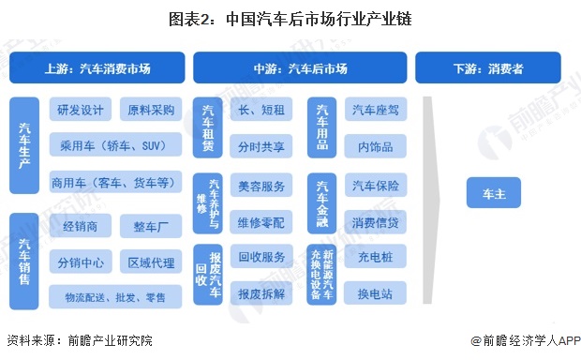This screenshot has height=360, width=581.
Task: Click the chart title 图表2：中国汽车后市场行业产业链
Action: (x=290, y=19)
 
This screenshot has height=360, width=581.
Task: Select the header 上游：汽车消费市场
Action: (x=97, y=68)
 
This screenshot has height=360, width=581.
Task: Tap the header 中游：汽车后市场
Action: (x=300, y=68)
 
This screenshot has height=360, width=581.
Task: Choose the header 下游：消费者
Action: (x=488, y=68)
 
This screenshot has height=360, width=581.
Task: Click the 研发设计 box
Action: (x=80, y=111)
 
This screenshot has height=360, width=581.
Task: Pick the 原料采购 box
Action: (x=150, y=111)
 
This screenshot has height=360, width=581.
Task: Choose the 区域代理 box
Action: (x=150, y=261)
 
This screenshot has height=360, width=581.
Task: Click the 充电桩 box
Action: (x=374, y=256)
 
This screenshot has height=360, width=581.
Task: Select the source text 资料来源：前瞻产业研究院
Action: (x=79, y=341)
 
